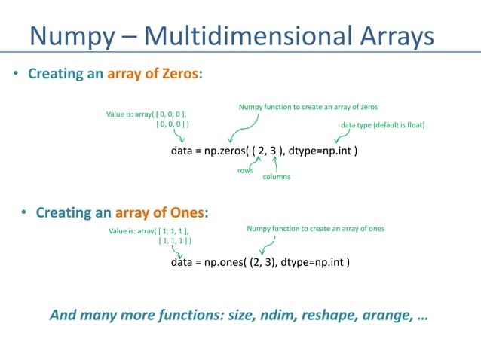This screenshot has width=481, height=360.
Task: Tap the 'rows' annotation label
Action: (x=245, y=171)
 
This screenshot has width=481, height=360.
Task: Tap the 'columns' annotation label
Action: (x=276, y=178)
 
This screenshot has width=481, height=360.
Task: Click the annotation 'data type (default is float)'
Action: (x=383, y=124)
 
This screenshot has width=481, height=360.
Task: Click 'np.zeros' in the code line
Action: (x=226, y=151)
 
